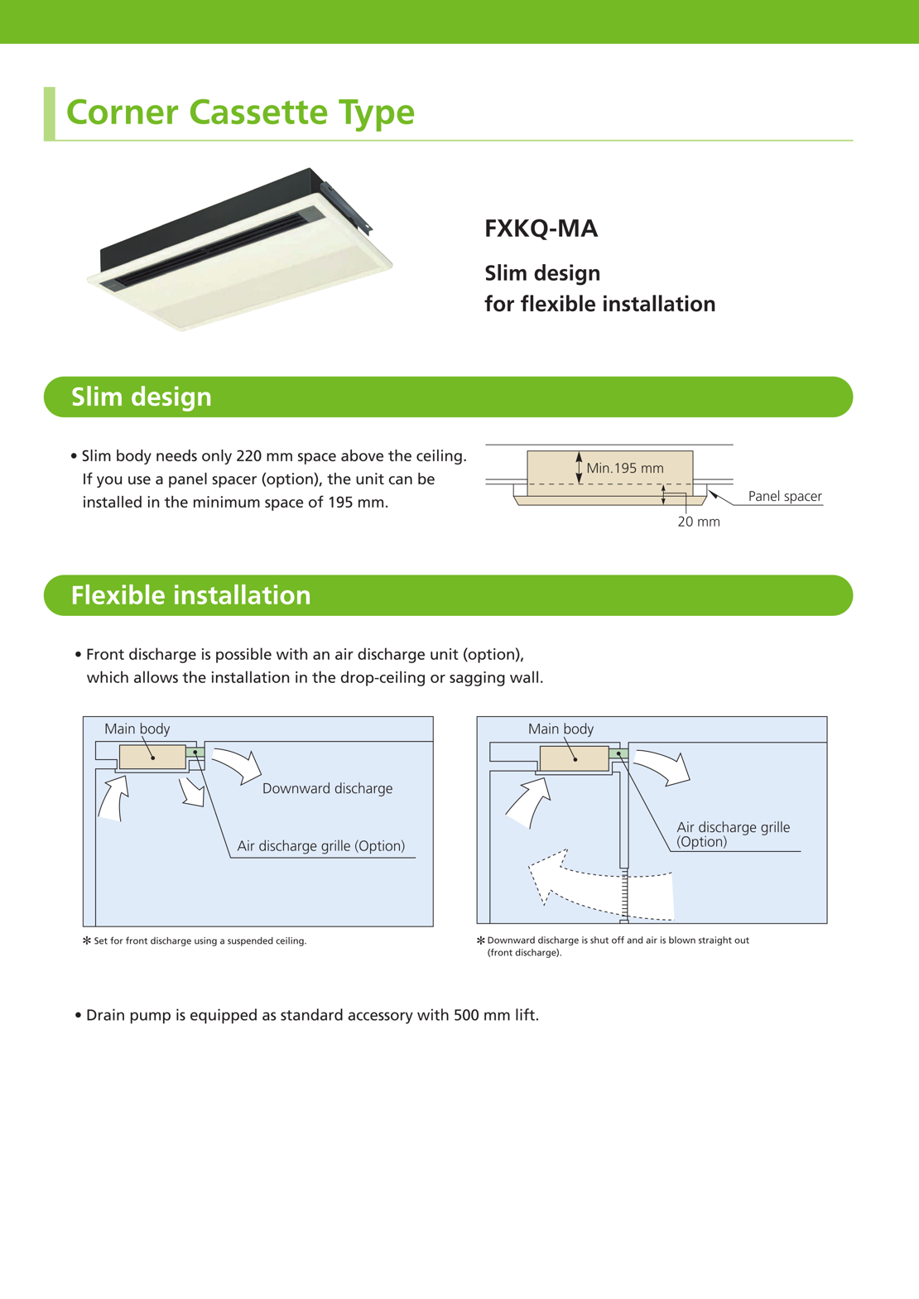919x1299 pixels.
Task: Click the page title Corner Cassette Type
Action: pos(240,113)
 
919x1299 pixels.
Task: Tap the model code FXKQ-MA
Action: pos(541,229)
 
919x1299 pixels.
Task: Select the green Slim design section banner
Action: pos(448,397)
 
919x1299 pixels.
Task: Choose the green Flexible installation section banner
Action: pos(448,595)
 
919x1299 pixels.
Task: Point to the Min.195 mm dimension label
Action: pos(625,469)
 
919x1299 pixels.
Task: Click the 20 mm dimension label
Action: pos(699,522)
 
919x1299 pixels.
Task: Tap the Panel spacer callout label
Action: pos(785,497)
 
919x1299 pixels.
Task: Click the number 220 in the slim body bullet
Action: pos(251,456)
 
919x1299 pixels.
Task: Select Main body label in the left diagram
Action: pos(137,729)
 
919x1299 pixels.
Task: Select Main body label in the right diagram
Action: pos(561,729)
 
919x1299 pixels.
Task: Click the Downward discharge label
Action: pos(327,789)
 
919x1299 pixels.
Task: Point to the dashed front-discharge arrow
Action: pos(600,886)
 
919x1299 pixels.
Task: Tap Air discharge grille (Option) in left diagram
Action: pos(321,846)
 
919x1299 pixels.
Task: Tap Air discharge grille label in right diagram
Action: pos(733,834)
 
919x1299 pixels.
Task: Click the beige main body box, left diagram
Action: pos(153,757)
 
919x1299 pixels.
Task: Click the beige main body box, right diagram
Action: pos(574,758)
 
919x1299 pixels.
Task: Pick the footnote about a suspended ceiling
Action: pos(200,941)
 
